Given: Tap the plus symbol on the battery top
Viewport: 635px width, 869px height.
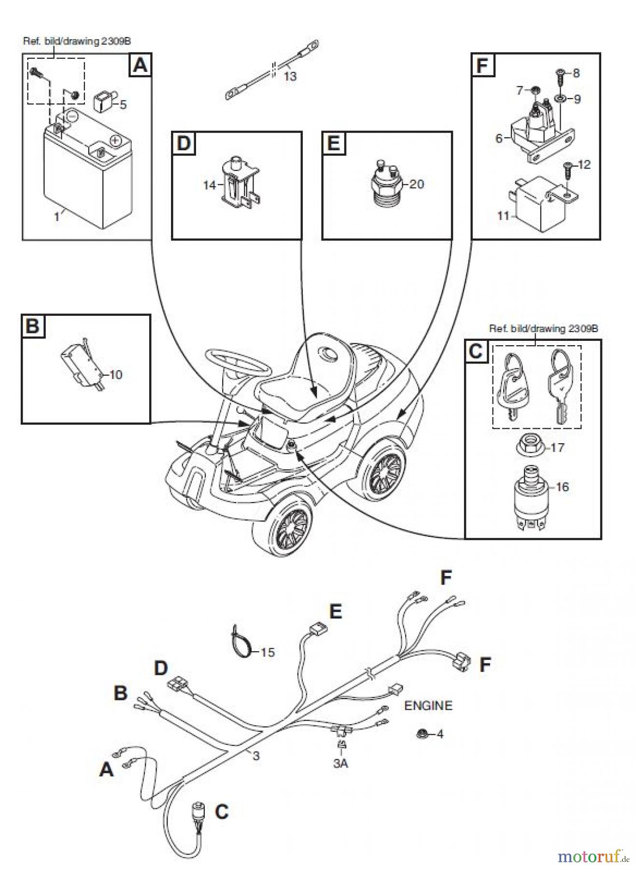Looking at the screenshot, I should (x=115, y=140).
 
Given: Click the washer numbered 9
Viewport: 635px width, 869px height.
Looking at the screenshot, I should (x=560, y=99).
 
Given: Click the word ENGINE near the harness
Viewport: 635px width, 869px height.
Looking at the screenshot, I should (x=428, y=705).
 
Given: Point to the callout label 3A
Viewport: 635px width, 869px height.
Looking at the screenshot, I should (x=340, y=764).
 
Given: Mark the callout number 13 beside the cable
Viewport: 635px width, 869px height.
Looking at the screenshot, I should (x=290, y=76).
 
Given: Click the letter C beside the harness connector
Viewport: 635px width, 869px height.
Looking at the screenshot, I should (x=221, y=812).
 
